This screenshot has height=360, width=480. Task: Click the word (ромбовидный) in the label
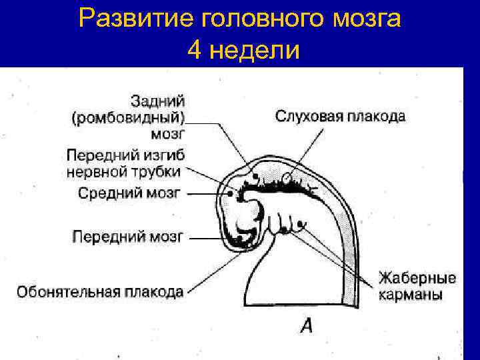tap(129, 119)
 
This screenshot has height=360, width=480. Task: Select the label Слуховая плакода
tap(340, 117)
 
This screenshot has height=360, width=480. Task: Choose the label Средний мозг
tap(130, 193)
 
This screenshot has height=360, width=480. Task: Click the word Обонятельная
tap(68, 291)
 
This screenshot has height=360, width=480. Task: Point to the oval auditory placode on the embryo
tap(287, 179)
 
